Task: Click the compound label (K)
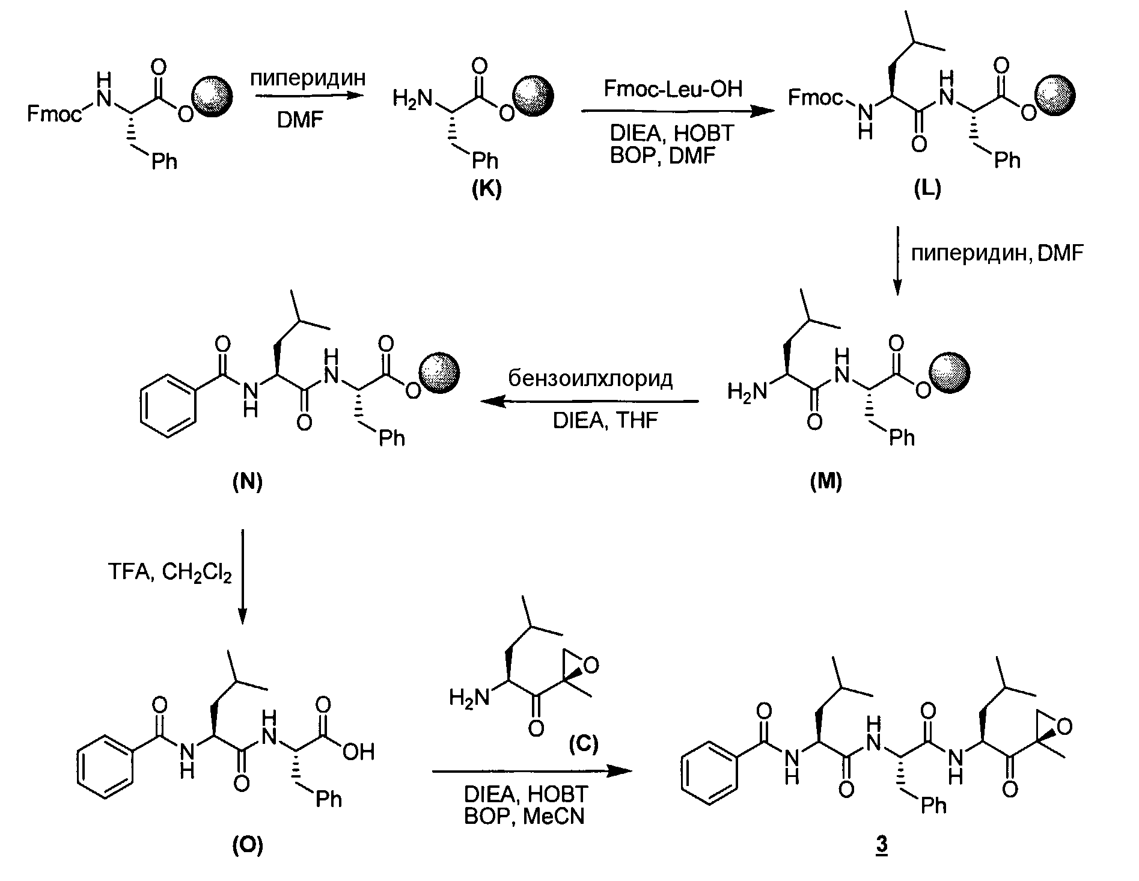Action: tap(486, 189)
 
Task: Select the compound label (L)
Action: tap(927, 189)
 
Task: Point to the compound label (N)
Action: tap(248, 482)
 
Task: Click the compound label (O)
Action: tap(248, 846)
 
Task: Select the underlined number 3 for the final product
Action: tap(882, 846)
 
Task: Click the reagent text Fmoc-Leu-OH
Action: tap(673, 89)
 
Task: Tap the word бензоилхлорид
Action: tap(591, 379)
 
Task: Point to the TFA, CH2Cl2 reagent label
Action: tap(170, 572)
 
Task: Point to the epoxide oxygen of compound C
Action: tap(591, 665)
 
